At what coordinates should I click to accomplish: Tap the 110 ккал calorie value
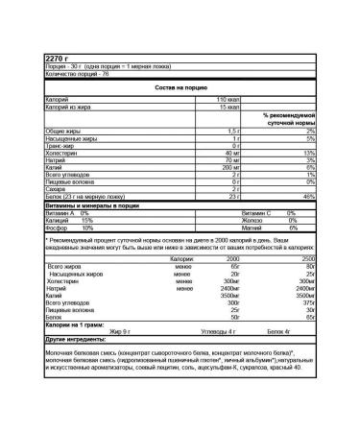(x=226, y=100)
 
